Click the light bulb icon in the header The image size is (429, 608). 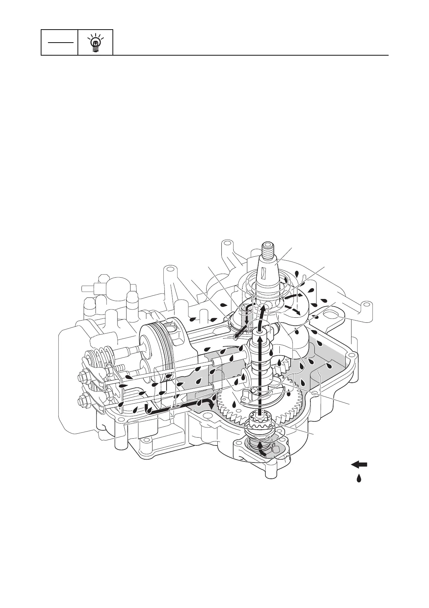pos(96,43)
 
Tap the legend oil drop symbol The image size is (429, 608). pos(359,478)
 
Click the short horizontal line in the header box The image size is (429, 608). pos(59,42)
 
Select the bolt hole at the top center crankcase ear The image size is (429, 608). pos(168,269)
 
